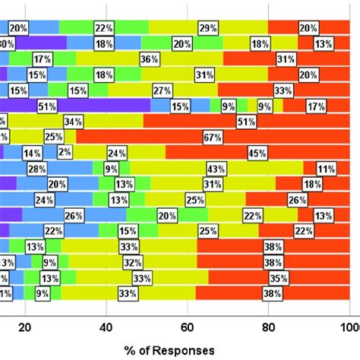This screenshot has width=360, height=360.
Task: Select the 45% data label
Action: tap(256, 153)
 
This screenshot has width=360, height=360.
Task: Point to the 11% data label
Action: tap(327, 169)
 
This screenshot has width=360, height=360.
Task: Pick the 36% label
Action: tap(150, 58)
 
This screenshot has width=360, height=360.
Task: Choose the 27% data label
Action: tap(161, 90)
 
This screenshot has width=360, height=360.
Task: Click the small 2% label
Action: tap(86, 153)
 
